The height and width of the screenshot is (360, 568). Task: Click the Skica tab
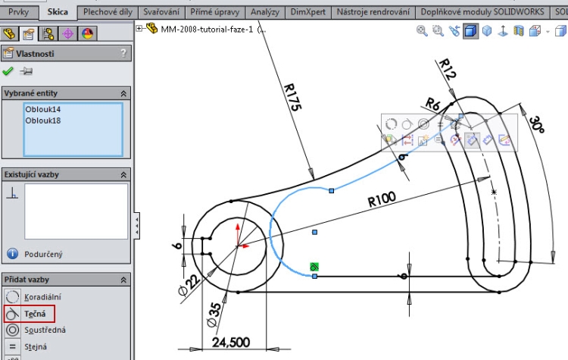tap(57, 12)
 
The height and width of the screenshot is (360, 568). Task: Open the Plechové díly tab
tap(108, 12)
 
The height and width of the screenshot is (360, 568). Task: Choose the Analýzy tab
tap(264, 12)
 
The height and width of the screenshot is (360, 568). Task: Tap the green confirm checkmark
tap(8, 71)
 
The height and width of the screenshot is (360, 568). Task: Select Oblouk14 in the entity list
tap(43, 109)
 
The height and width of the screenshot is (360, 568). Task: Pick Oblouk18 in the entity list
tap(43, 120)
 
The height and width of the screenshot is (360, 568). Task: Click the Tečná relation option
tap(36, 313)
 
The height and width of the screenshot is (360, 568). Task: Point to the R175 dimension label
tap(292, 98)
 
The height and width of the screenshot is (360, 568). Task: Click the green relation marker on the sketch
tap(314, 266)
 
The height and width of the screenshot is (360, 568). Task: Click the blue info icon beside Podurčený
tap(12, 254)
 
